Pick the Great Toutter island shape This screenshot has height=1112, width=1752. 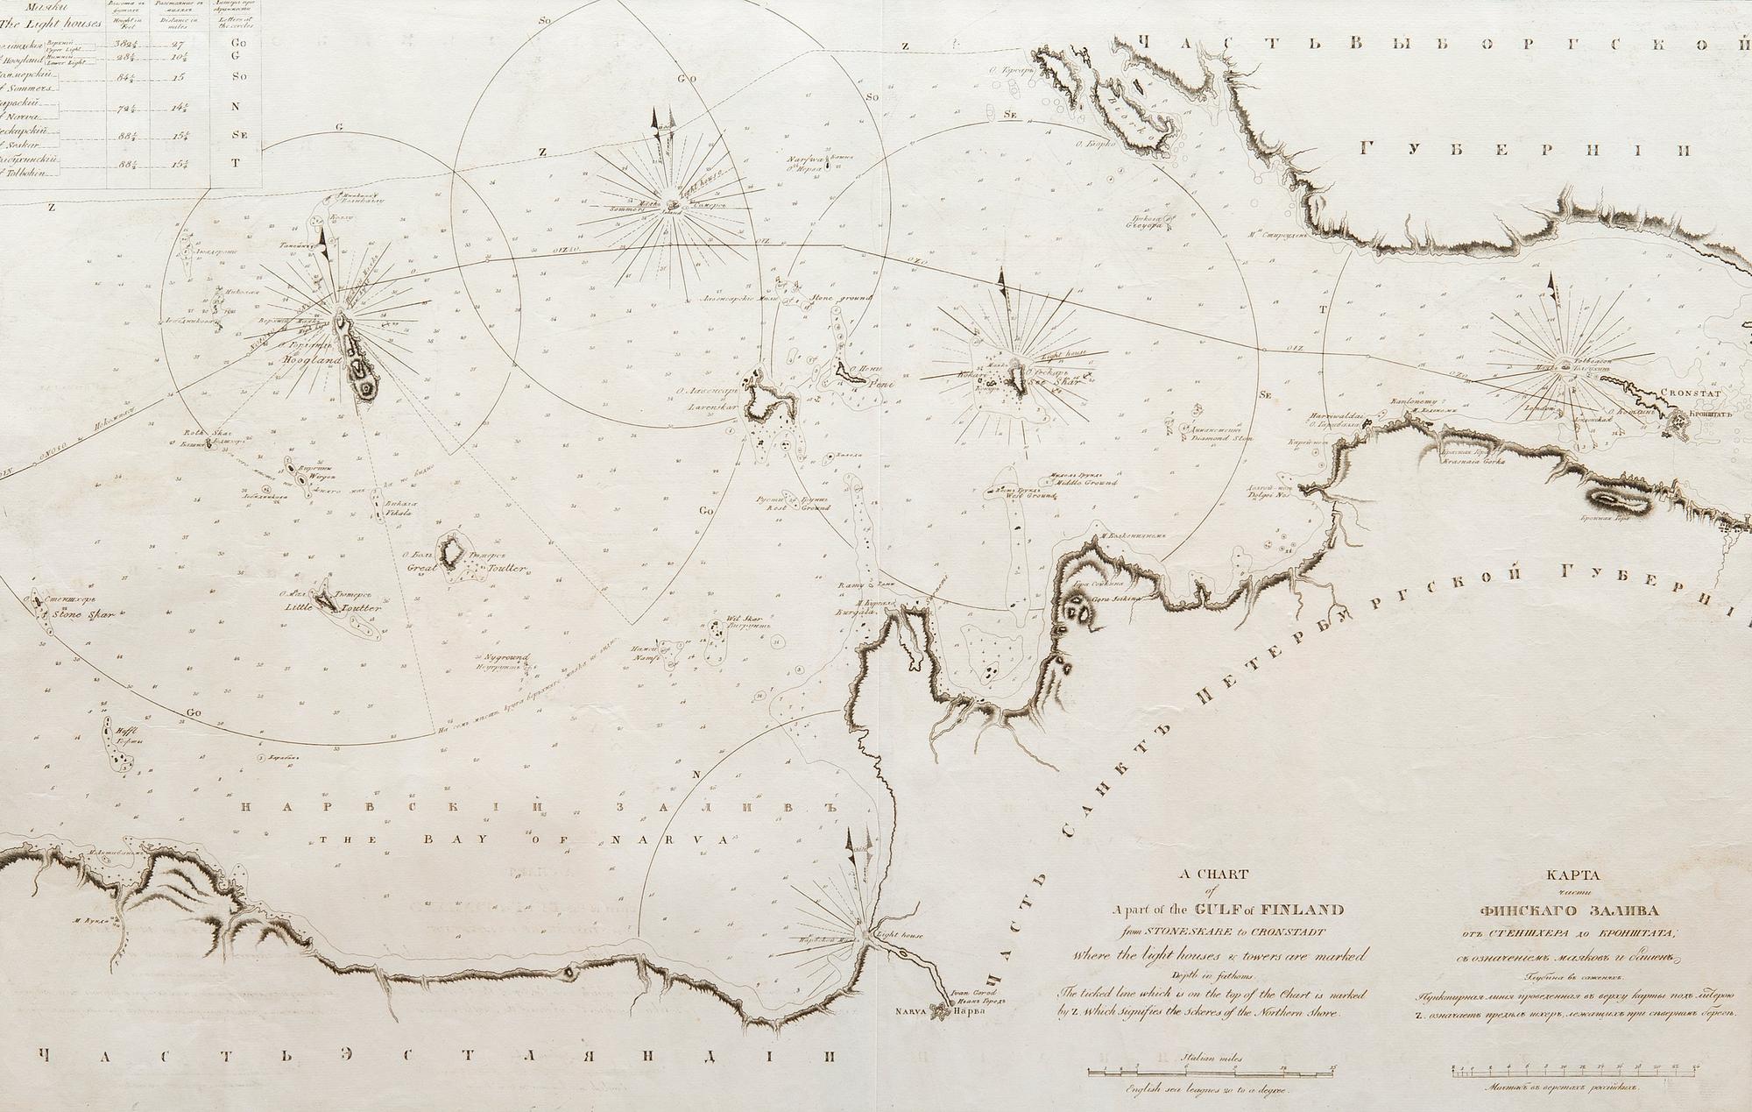click(x=453, y=553)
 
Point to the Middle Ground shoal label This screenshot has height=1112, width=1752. click(x=1086, y=483)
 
